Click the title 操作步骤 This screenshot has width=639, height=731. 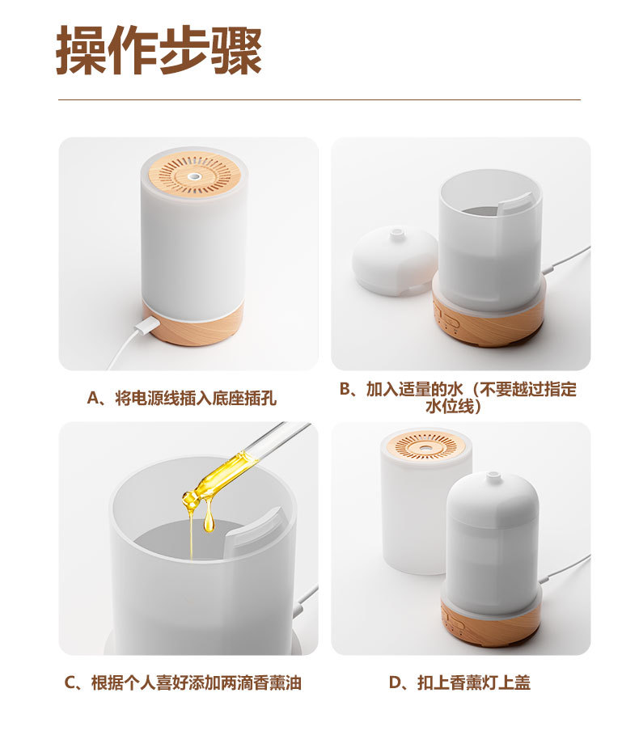point(159,50)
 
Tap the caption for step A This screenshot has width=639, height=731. point(182,398)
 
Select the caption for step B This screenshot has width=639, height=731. point(458,398)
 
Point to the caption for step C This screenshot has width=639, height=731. point(183,682)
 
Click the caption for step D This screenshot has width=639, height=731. point(459,682)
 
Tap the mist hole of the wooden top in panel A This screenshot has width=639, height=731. point(194,177)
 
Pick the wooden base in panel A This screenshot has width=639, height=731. point(193,324)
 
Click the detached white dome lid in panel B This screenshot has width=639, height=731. point(395,261)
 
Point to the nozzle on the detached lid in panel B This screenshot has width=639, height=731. point(397,232)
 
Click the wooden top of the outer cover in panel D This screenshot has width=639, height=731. point(425,446)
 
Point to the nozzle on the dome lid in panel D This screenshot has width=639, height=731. point(492,477)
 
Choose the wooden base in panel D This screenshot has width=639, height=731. point(491,621)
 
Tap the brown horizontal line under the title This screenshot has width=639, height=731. point(319,99)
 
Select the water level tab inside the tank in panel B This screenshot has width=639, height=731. point(514,205)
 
